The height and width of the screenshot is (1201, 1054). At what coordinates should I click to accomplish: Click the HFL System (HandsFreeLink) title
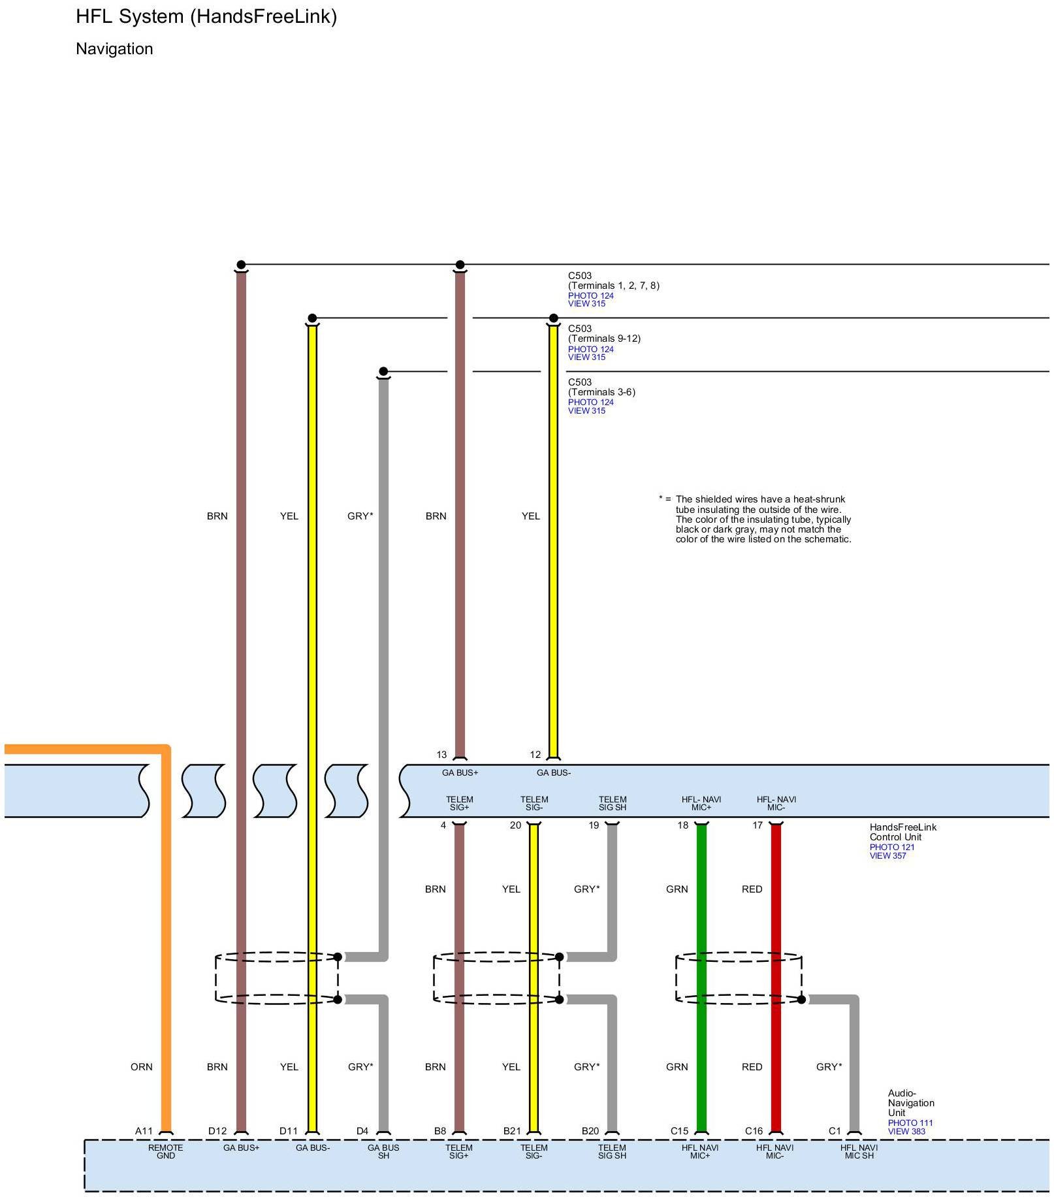[x=206, y=16]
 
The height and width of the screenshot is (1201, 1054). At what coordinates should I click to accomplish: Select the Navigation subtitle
[x=114, y=49]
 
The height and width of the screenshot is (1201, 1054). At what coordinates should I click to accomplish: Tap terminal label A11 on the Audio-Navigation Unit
[x=144, y=1131]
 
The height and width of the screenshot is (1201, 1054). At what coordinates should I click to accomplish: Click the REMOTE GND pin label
[x=166, y=1151]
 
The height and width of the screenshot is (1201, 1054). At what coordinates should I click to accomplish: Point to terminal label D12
[x=217, y=1131]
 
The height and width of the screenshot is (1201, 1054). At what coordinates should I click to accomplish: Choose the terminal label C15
[x=679, y=1131]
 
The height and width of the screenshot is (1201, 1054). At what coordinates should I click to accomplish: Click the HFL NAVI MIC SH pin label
[x=859, y=1151]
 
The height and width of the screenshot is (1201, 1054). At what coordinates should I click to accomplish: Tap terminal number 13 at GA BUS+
[x=442, y=755]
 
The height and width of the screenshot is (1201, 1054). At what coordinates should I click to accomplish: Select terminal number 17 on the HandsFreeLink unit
[x=758, y=825]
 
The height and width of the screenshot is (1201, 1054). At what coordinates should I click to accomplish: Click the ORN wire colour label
[x=141, y=1067]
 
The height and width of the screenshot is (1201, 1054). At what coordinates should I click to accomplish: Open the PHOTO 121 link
[x=891, y=847]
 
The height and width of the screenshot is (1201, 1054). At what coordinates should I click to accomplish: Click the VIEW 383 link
[x=906, y=1132]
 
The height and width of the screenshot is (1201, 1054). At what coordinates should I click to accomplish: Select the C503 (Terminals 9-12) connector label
[x=604, y=334]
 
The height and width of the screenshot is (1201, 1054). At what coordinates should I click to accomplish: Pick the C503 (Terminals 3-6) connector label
[x=601, y=387]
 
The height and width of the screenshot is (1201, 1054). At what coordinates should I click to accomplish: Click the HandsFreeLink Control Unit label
[x=902, y=832]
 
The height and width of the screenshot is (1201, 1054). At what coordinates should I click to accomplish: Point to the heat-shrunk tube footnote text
[x=763, y=519]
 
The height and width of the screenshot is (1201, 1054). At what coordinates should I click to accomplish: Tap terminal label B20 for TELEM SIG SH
[x=590, y=1131]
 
